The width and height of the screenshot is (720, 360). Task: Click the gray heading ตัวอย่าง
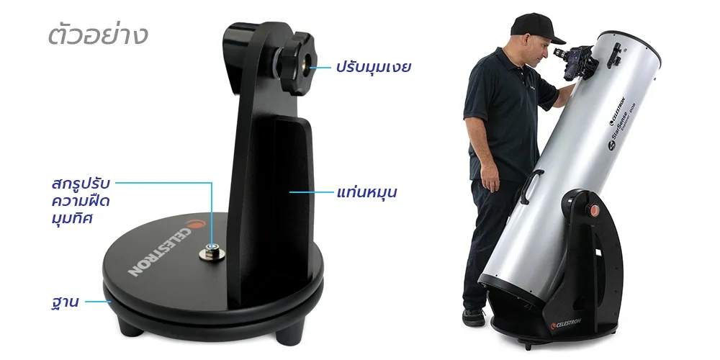98,35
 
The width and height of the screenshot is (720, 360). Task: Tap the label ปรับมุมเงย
372,68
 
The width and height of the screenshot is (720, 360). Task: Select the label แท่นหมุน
366,192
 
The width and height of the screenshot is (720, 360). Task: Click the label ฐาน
65,302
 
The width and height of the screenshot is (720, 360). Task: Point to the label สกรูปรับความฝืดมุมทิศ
81,201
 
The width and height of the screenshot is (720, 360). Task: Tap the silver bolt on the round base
212,252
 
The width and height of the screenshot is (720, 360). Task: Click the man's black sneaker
474,317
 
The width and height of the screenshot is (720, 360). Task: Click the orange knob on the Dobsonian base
594,210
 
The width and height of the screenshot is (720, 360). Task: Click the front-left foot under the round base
129,326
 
